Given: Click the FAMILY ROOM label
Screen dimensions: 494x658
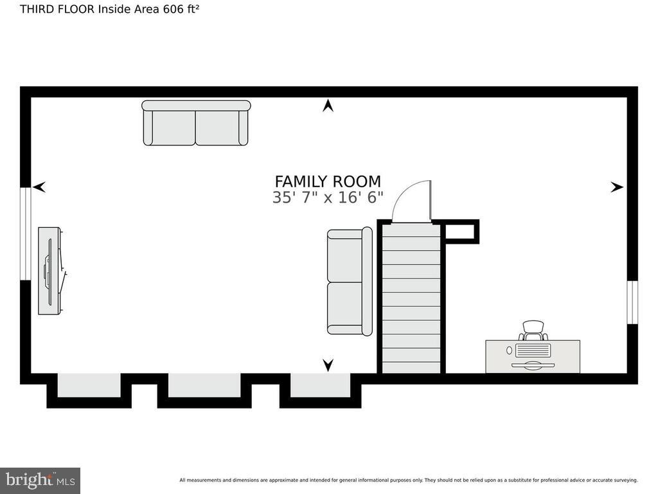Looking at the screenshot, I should pyautogui.click(x=328, y=181).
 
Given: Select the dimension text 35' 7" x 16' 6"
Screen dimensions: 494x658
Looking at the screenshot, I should pyautogui.click(x=328, y=197).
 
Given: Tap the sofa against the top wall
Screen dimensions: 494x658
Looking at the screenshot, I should pyautogui.click(x=196, y=123).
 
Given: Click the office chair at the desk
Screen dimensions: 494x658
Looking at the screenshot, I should pyautogui.click(x=533, y=331).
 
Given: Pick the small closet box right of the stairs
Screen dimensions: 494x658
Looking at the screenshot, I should pyautogui.click(x=461, y=232).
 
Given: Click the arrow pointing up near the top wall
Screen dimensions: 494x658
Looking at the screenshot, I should pyautogui.click(x=328, y=105).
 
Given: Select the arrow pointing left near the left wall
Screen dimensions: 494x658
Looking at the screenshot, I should pyautogui.click(x=39, y=187).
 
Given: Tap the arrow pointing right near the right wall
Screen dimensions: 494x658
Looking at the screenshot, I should pyautogui.click(x=617, y=187).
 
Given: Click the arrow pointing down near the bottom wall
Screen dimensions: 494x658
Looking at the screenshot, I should pyautogui.click(x=328, y=365).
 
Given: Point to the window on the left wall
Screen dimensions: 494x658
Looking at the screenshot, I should pyautogui.click(x=26, y=233).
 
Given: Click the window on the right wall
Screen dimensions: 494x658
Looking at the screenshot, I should pyautogui.click(x=633, y=302).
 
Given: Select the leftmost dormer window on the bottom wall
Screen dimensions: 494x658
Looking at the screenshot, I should pyautogui.click(x=89, y=385).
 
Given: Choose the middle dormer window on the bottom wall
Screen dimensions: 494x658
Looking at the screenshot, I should pyautogui.click(x=204, y=385).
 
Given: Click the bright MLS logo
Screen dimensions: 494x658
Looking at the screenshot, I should pyautogui.click(x=40, y=480).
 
